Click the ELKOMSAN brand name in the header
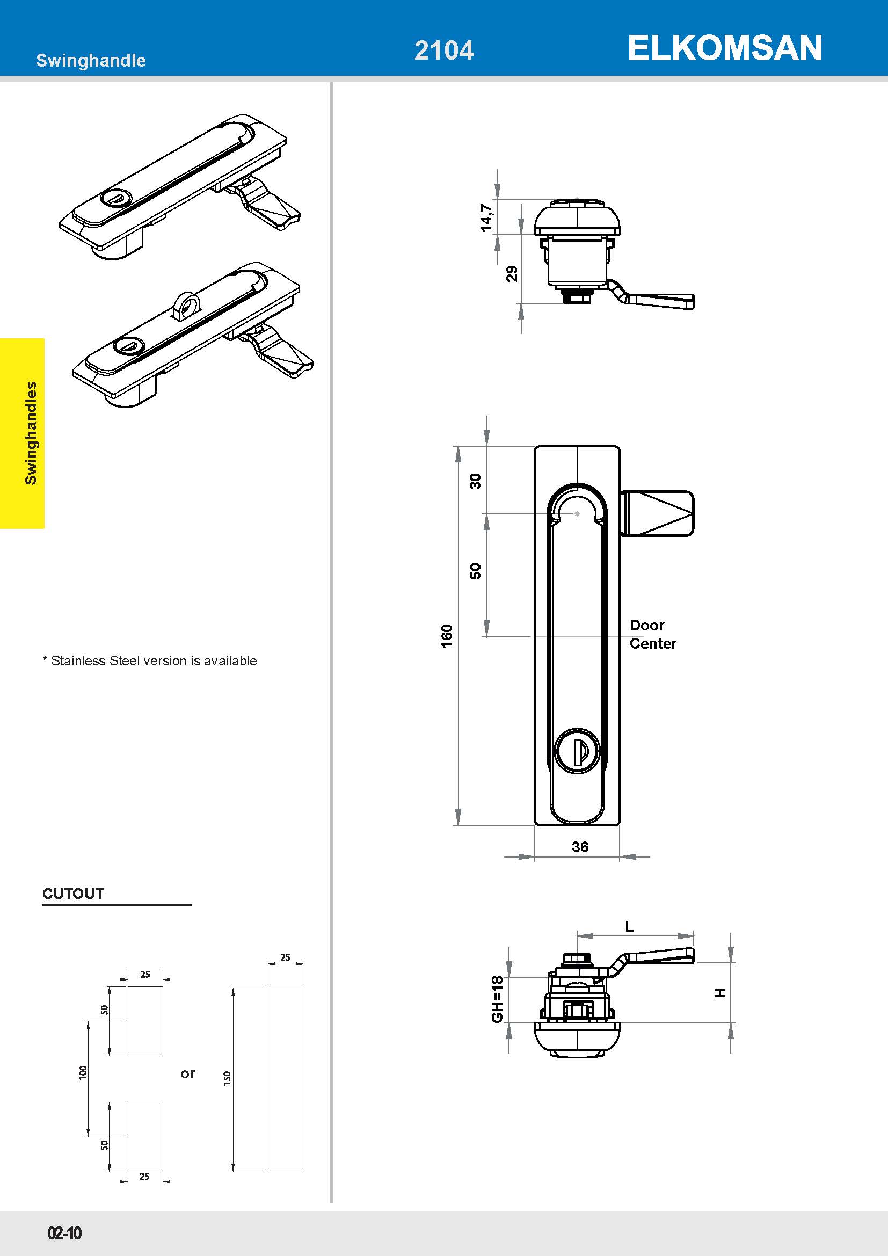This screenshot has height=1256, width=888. (x=724, y=48)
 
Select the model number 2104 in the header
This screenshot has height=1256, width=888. (x=444, y=50)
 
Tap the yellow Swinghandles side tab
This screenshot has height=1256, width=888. (x=22, y=433)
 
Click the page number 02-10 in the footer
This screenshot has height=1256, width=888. (x=64, y=1233)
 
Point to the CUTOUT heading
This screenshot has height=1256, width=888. (x=73, y=894)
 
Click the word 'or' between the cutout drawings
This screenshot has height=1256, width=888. (x=187, y=1073)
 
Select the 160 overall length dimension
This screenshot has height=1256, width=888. (x=447, y=636)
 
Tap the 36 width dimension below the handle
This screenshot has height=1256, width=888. (x=580, y=847)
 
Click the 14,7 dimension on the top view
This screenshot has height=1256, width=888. (x=486, y=217)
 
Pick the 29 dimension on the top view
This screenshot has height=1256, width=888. (x=512, y=273)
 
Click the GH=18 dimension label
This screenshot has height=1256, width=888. (x=497, y=999)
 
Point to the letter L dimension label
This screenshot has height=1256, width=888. (x=629, y=926)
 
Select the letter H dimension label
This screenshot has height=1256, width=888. (x=720, y=992)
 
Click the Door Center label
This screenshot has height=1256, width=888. (x=653, y=634)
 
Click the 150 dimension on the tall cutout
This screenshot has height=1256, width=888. (x=228, y=1078)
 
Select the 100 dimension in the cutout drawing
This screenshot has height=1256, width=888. (x=83, y=1072)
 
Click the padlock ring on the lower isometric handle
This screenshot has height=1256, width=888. (x=185, y=305)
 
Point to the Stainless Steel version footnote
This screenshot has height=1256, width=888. (x=150, y=661)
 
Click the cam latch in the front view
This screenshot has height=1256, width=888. (x=657, y=513)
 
